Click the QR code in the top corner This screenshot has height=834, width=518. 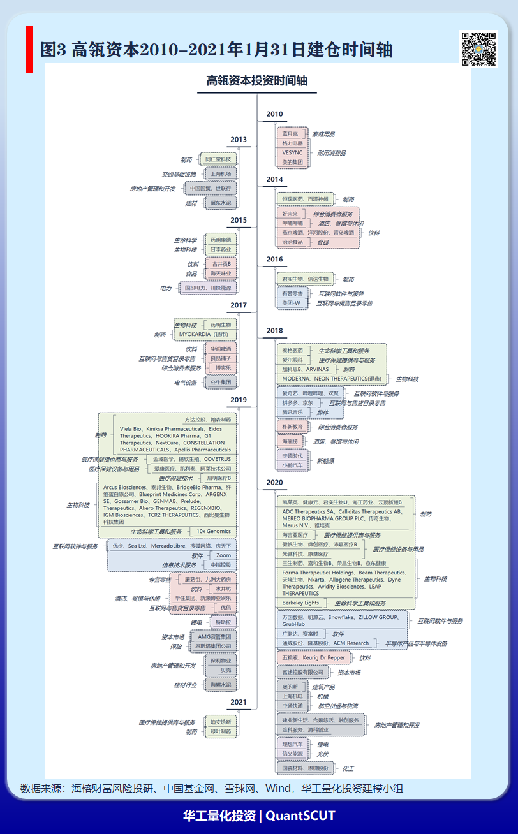coord(478,48)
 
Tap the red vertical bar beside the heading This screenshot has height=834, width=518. coord(29,49)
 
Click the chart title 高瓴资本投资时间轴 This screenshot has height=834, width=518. coord(256,81)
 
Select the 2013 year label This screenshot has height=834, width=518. coord(239,140)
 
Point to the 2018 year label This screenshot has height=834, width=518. coord(274,330)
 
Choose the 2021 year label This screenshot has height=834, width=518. coord(239,702)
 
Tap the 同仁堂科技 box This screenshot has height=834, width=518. coord(218,159)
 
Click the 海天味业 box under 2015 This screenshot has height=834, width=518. coord(221,274)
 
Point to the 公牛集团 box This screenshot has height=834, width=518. coord(221,382)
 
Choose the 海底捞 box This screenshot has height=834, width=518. coord(290,441)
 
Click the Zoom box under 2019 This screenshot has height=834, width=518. coord(223,555)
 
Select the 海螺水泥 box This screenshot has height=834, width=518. coord(221,685)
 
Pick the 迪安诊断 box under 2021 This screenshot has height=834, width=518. coord(221,722)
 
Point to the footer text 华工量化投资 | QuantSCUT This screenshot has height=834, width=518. coord(259,816)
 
